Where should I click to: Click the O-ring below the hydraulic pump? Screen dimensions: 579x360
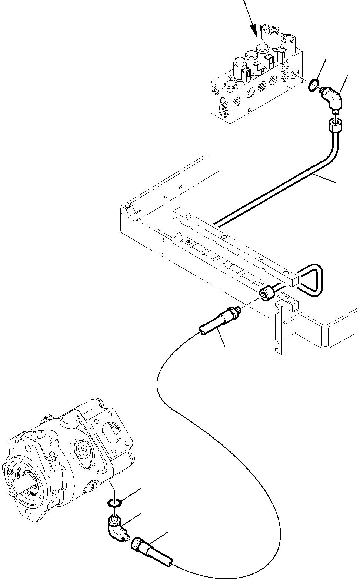tap(116, 503)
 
